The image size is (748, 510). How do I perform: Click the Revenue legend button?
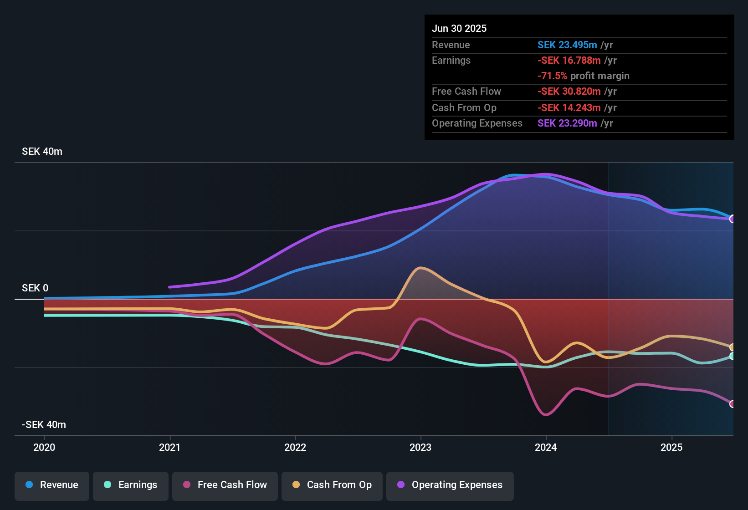52,485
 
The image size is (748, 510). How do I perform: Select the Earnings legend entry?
131,485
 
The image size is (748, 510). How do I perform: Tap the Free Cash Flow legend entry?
225,485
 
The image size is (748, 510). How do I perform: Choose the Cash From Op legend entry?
332,485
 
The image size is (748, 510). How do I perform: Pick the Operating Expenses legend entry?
450,485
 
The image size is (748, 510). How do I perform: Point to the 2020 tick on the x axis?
44,447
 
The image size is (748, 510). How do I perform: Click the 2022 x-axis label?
295,447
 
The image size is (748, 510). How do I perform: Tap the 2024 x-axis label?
546,447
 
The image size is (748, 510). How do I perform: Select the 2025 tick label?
671,447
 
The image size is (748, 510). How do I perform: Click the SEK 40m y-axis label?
42,152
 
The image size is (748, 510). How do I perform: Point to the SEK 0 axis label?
35,288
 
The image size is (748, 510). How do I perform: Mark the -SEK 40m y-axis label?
44,425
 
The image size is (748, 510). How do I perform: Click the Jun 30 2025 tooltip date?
459,29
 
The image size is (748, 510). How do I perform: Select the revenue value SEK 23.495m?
567,45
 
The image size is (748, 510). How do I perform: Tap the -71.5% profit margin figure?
552,76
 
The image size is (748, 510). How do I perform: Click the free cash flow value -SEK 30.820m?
569,92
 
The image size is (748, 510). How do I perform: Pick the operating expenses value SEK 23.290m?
567,123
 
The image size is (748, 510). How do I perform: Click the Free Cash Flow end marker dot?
733,404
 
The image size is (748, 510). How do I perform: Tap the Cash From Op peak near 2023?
420,268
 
